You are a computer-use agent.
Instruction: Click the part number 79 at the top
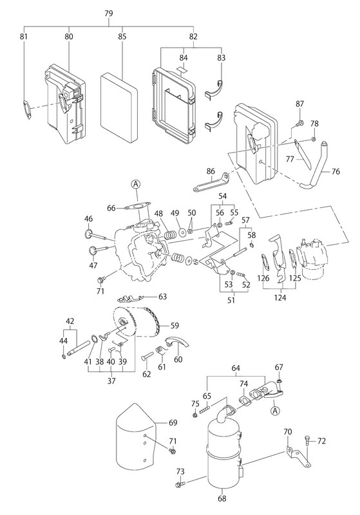click(x=109, y=14)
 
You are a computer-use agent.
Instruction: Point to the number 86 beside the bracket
click(x=211, y=171)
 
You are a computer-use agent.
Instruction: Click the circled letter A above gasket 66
click(x=137, y=185)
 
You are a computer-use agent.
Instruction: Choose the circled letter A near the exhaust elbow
click(x=275, y=411)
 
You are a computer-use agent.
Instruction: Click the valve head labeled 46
click(x=89, y=234)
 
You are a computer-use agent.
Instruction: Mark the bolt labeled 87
click(x=299, y=124)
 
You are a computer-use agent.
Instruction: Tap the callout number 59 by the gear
click(x=175, y=326)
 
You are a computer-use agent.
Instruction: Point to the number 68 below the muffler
click(x=222, y=498)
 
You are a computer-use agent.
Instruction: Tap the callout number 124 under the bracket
click(x=280, y=297)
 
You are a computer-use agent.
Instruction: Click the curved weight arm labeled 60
click(x=177, y=342)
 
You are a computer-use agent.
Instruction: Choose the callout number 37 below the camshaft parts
click(x=111, y=380)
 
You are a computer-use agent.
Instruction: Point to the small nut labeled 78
click(x=314, y=140)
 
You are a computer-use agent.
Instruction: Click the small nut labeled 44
click(x=64, y=357)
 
